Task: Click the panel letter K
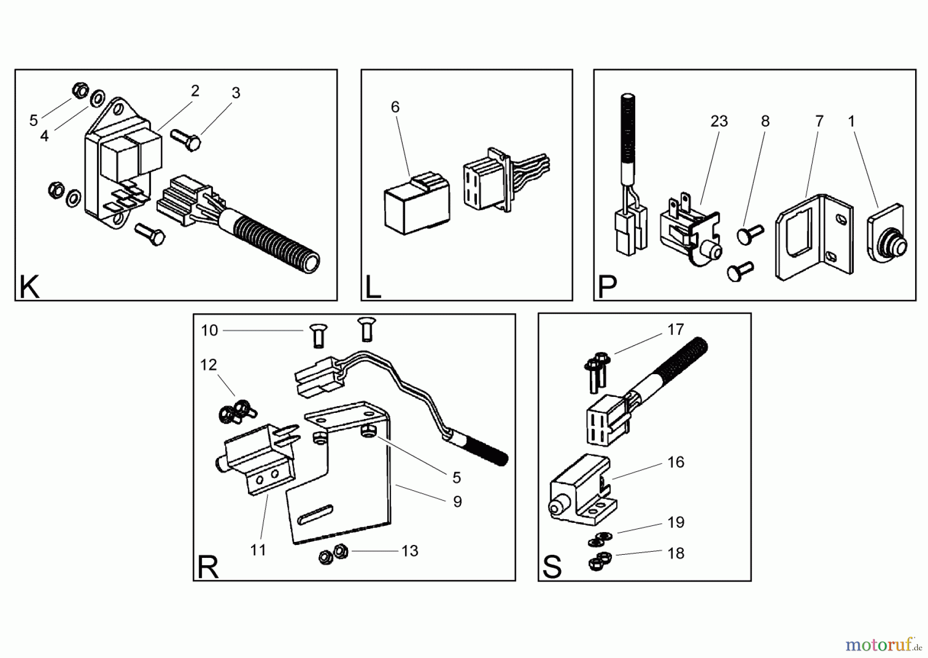(x=29, y=287)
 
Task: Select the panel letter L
(x=372, y=287)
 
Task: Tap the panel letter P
(x=608, y=287)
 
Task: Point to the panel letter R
(x=208, y=568)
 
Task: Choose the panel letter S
(x=552, y=568)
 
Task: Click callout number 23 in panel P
(x=719, y=121)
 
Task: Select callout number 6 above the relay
(x=395, y=107)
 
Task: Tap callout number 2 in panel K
(x=195, y=91)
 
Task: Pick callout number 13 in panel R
(x=410, y=551)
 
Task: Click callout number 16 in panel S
(x=675, y=462)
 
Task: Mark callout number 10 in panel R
(x=209, y=330)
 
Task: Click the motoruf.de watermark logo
(x=880, y=645)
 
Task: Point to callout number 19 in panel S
(x=675, y=522)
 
